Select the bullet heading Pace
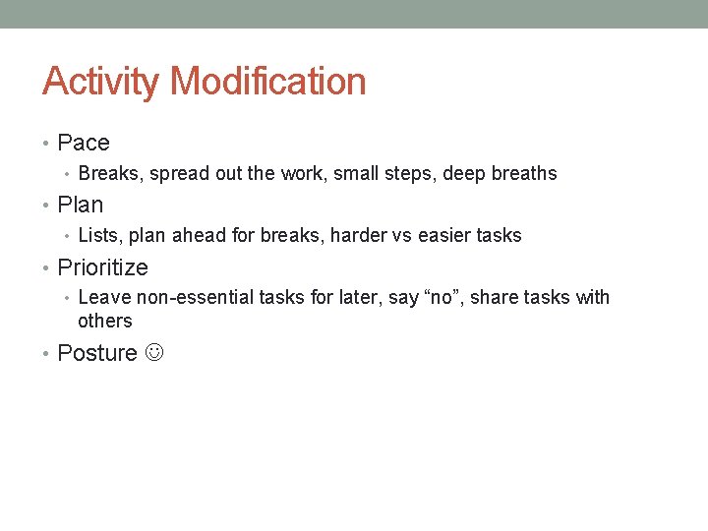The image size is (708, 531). [x=84, y=143]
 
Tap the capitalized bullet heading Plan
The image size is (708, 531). [x=81, y=205]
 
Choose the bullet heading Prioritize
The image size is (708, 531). [x=103, y=267]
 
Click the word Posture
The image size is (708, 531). [x=97, y=353]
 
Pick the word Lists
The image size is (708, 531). [x=98, y=236]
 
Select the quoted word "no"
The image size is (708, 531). [x=432, y=297]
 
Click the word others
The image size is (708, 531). [x=104, y=322]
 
